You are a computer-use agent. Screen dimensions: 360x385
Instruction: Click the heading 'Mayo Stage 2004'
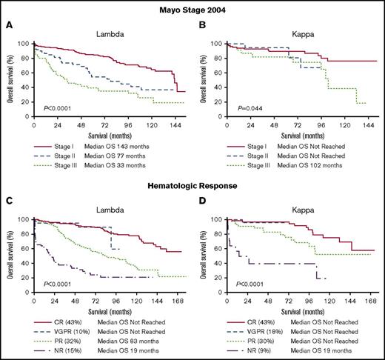pyautogui.click(x=192, y=7)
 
